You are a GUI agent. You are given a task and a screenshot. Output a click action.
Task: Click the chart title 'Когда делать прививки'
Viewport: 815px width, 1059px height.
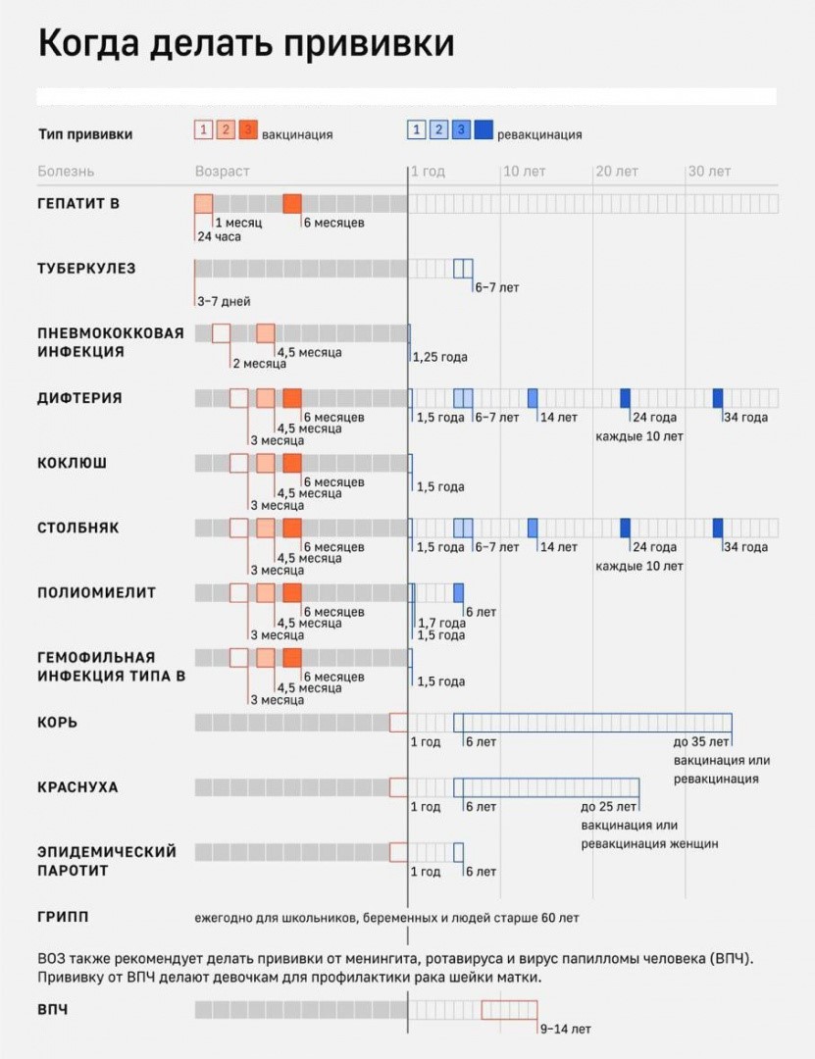(x=245, y=45)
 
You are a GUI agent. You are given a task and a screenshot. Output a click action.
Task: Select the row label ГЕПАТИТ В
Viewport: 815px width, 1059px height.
(x=78, y=203)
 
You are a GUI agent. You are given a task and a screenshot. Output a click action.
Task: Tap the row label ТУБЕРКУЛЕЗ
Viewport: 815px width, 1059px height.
(x=86, y=268)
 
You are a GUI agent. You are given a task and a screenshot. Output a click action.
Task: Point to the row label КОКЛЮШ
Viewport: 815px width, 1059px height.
(x=73, y=463)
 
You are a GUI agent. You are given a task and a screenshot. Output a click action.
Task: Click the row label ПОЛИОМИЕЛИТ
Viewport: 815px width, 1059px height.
(x=96, y=592)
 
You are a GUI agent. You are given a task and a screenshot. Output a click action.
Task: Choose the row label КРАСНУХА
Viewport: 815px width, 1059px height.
(x=77, y=786)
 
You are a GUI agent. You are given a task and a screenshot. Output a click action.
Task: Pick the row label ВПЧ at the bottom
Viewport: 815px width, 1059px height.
(x=53, y=1009)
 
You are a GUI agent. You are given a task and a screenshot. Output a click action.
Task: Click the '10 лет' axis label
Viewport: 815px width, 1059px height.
(x=524, y=172)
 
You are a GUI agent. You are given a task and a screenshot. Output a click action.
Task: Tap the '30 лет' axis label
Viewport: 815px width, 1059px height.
(x=708, y=172)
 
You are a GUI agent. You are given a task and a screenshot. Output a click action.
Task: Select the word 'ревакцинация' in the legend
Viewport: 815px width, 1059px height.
(x=539, y=135)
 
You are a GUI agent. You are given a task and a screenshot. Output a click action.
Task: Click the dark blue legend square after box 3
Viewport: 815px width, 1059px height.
(x=484, y=129)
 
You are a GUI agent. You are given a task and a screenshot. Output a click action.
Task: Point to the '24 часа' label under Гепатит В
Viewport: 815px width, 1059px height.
(x=219, y=236)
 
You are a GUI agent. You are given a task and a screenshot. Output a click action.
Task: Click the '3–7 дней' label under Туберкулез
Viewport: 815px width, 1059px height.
(x=223, y=301)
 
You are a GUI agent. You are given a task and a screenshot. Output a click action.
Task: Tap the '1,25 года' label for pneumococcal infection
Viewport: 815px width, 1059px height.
(x=439, y=357)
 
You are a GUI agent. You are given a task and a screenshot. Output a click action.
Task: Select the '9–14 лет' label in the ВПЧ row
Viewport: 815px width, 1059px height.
(x=566, y=1029)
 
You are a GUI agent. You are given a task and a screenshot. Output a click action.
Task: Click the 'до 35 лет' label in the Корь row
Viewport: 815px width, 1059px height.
(x=701, y=742)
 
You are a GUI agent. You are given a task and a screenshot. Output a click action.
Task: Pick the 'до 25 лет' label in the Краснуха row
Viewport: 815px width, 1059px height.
(x=609, y=807)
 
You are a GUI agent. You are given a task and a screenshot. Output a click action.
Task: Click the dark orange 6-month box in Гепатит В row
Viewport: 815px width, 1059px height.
(x=292, y=204)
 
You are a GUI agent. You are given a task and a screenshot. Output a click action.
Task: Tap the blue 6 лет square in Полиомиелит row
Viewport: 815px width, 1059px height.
(x=458, y=592)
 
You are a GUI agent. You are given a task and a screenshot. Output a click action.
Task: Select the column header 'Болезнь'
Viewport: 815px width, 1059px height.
(x=66, y=172)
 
